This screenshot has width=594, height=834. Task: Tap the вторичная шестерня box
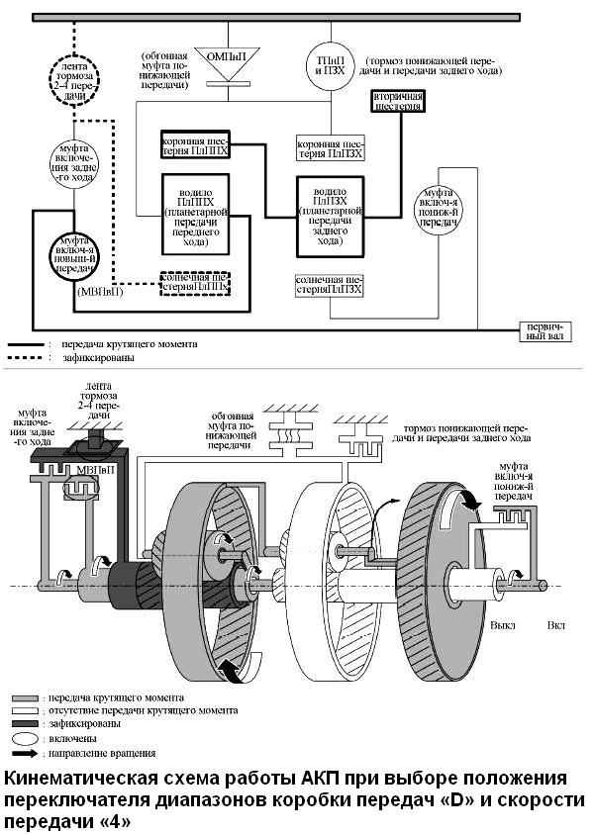coord(399,101)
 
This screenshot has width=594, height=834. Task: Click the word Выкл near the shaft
coord(501,626)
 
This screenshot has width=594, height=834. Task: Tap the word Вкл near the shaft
coord(556,626)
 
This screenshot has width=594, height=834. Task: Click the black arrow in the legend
coord(28,752)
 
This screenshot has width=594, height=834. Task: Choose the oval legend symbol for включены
coord(27,737)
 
